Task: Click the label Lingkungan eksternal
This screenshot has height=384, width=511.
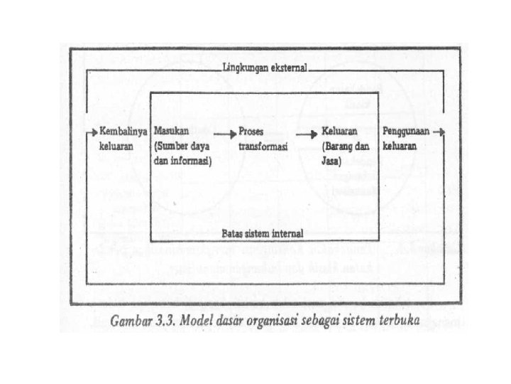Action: point(264,69)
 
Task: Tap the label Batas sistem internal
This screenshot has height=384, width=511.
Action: point(263,233)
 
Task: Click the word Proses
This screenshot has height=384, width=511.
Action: point(252,132)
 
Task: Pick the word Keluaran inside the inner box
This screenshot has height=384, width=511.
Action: point(339,132)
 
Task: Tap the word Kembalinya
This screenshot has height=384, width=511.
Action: point(123,132)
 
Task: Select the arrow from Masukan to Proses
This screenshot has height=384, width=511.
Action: point(224,133)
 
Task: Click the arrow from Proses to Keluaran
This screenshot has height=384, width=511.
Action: point(307,133)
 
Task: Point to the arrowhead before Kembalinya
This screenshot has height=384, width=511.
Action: point(92,132)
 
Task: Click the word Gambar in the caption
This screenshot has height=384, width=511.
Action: point(134,321)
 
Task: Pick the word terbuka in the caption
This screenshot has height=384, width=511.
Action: point(398,321)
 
